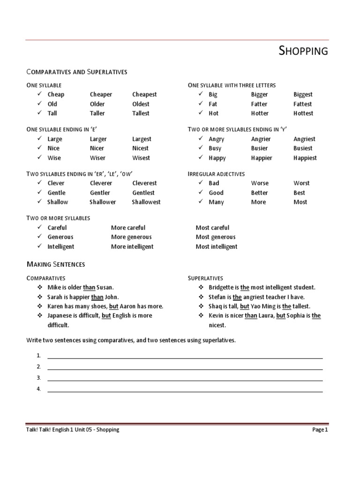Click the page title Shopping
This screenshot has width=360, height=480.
click(303, 51)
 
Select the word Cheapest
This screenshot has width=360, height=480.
click(144, 94)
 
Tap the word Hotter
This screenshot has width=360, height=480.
click(259, 113)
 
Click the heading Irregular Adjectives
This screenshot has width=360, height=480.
click(216, 174)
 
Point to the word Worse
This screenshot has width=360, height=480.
click(260, 183)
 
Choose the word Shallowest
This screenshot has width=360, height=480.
click(146, 202)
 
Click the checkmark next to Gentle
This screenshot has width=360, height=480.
click(40, 193)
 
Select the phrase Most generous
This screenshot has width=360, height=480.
click(216, 237)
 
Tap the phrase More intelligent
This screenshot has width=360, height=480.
click(132, 247)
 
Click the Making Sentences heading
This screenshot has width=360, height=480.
click(55, 264)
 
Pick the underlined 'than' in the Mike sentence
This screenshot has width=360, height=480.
click(89, 287)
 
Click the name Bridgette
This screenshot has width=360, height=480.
click(223, 287)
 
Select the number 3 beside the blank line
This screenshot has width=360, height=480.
click(38, 378)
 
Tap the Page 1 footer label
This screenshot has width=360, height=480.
click(320, 430)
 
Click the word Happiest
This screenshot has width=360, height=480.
click(305, 158)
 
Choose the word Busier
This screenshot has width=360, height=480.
click(261, 148)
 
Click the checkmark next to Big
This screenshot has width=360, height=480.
click(201, 94)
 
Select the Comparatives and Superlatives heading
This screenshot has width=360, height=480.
click(77, 72)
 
